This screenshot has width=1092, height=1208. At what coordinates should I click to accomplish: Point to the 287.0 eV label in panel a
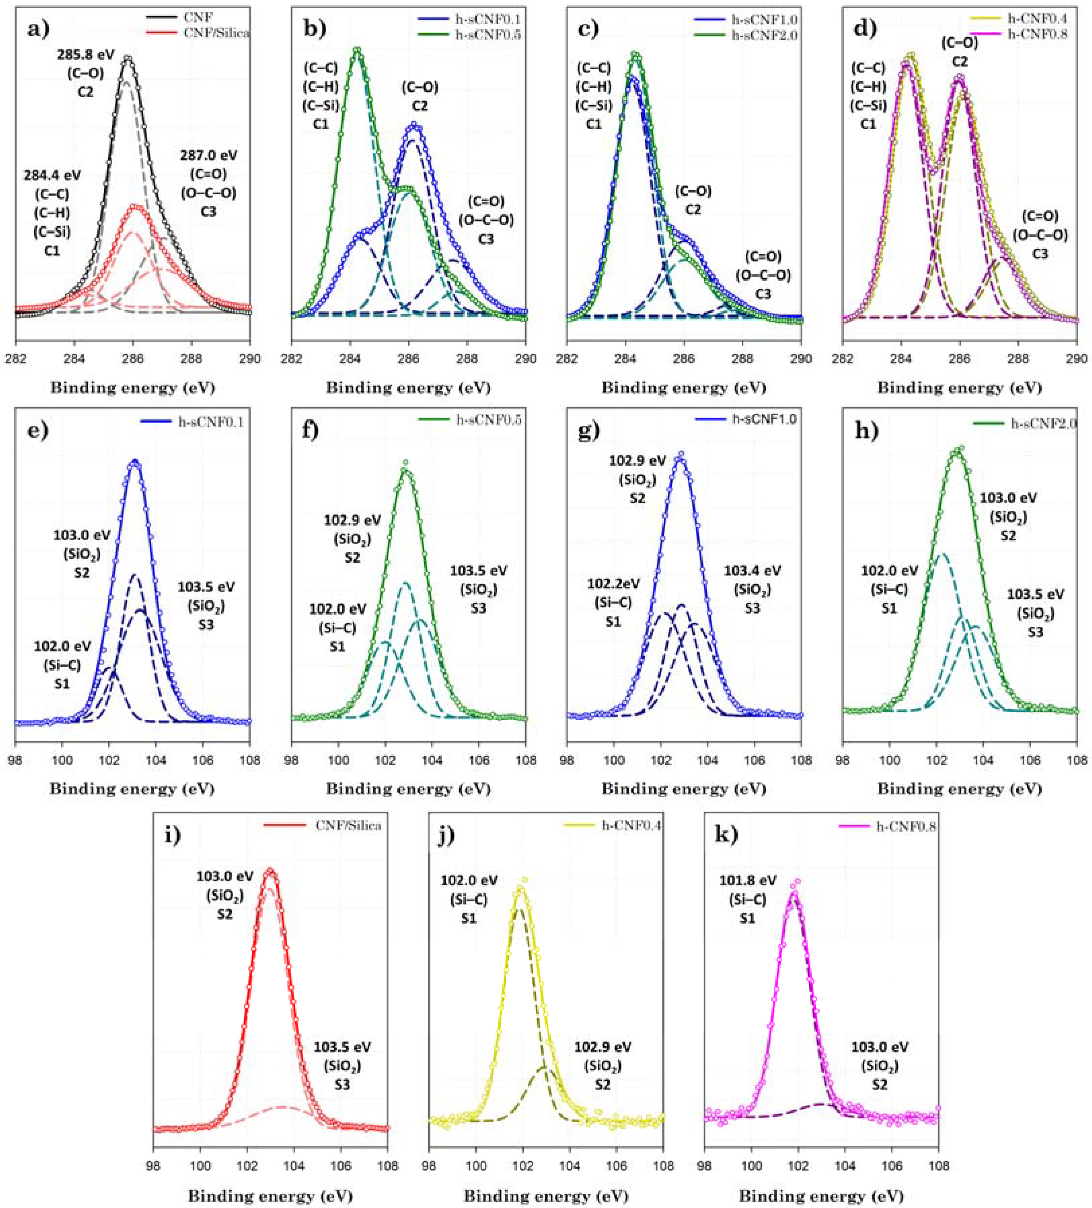pyautogui.click(x=208, y=155)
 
